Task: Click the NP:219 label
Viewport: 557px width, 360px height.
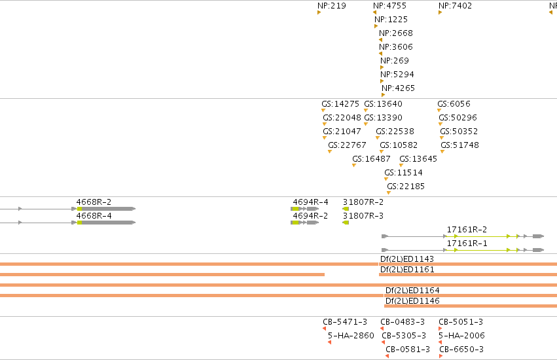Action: [331, 6]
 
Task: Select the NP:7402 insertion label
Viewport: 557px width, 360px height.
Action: [455, 6]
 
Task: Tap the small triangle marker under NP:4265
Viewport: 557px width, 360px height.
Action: [384, 95]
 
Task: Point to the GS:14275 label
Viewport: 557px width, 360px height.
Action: [340, 104]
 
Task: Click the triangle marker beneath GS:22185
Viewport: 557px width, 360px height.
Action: [389, 193]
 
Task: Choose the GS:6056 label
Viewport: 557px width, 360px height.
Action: [454, 104]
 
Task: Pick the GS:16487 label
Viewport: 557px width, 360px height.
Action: [371, 159]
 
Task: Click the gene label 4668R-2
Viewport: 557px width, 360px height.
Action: [94, 202]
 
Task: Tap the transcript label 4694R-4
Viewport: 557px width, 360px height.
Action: [310, 202]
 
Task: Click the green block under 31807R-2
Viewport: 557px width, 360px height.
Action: [346, 209]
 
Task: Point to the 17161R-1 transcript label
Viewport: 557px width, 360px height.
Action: [467, 243]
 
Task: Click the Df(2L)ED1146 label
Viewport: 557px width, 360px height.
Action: [412, 300]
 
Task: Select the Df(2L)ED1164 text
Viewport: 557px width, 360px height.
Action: [412, 291]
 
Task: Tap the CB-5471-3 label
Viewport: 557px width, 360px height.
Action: [345, 321]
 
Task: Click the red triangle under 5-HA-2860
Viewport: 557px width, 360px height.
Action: [330, 342]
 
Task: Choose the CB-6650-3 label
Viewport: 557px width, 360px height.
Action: [461, 350]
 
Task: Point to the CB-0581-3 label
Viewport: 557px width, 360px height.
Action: [408, 350]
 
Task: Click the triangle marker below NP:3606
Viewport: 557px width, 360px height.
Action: [380, 54]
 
